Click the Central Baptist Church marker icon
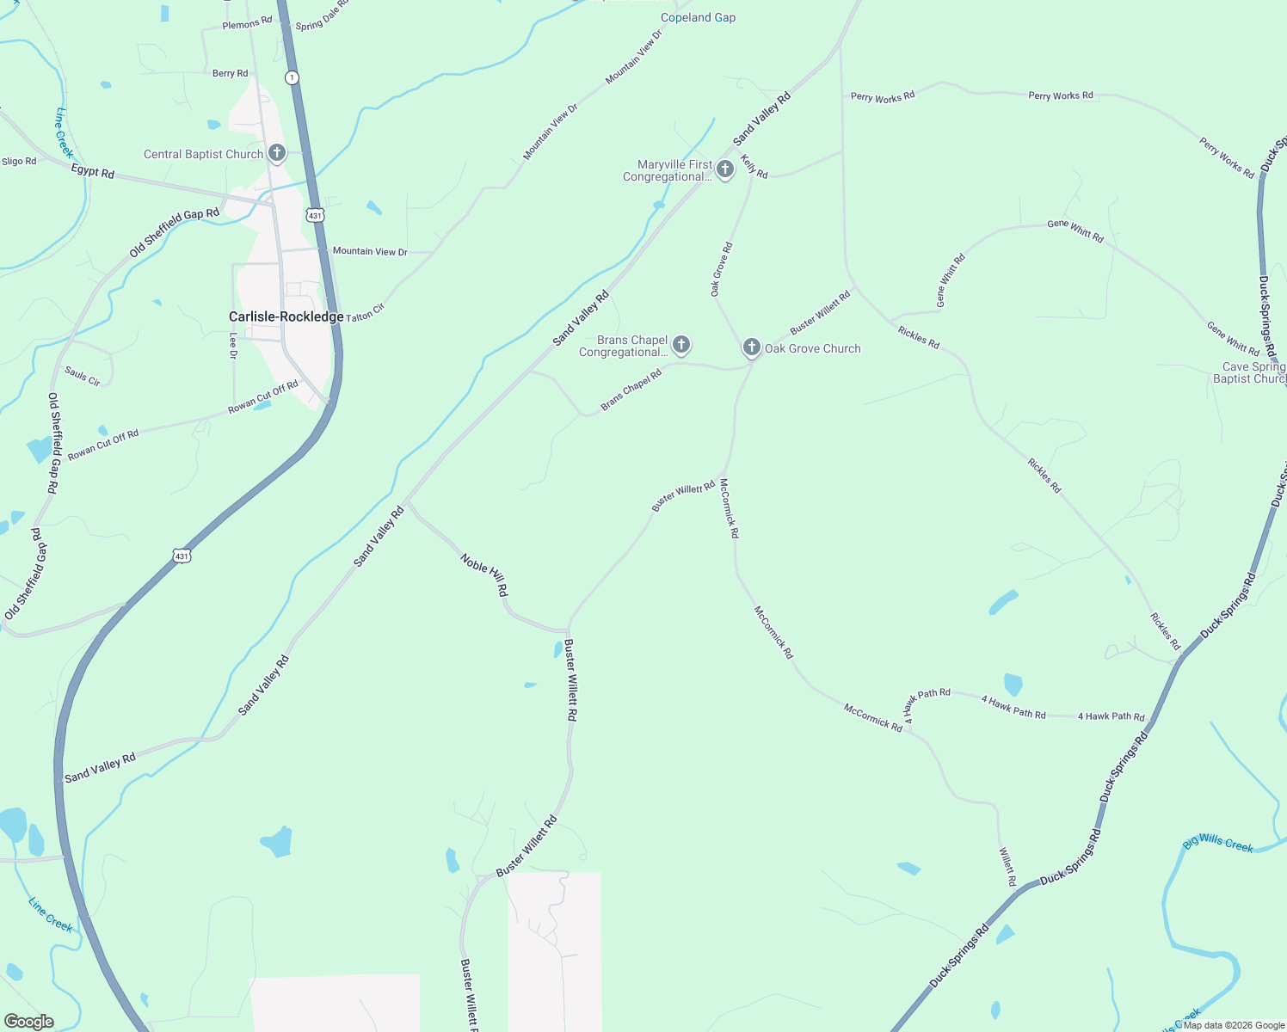point(276,153)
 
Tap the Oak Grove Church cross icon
point(752,347)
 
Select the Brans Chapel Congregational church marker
point(681,345)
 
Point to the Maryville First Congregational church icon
point(725,169)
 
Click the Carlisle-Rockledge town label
point(286,316)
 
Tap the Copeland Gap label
point(698,17)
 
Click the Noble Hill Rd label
point(484,574)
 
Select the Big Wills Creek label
point(1217,844)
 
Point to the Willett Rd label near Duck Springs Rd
point(1007,867)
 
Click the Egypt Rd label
point(92,172)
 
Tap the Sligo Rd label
point(19,161)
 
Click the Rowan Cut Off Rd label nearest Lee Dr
point(262,396)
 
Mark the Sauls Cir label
point(83,376)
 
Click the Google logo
point(28,1021)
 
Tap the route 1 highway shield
point(292,77)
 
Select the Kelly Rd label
point(754,166)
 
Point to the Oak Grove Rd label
point(720,269)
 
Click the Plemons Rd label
point(247,24)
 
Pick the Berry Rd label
point(230,73)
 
